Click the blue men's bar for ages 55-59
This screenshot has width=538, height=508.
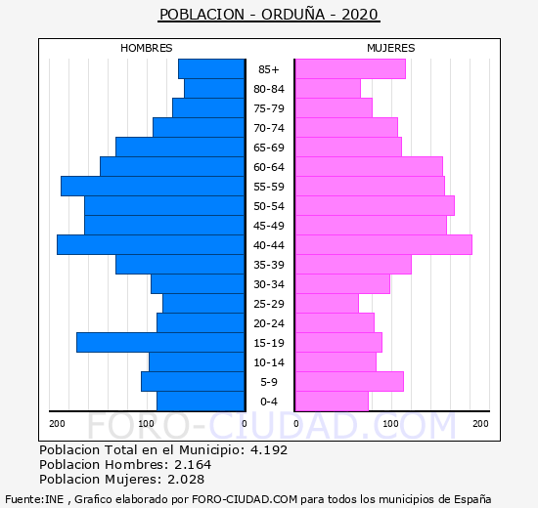153,187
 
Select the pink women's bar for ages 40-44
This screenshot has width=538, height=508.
384,245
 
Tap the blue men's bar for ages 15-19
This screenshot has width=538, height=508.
160,343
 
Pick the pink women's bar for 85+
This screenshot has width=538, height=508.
350,69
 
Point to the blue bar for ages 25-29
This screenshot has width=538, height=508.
203,304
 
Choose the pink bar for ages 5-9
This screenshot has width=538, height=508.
349,382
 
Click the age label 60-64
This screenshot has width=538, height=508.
269,167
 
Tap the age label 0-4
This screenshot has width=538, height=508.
269,402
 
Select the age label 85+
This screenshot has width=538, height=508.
269,69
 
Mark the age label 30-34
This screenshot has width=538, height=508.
269,284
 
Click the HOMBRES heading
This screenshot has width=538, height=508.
147,48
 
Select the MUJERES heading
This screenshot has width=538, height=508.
391,48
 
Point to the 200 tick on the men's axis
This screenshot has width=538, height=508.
57,424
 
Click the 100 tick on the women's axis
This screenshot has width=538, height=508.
390,424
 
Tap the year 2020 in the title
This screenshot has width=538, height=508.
360,15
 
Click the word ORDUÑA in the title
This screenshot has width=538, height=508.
293,14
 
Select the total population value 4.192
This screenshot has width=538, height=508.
269,449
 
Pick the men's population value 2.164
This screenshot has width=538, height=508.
193,464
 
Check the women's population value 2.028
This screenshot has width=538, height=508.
186,480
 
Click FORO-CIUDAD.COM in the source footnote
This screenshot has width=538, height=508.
245,499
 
